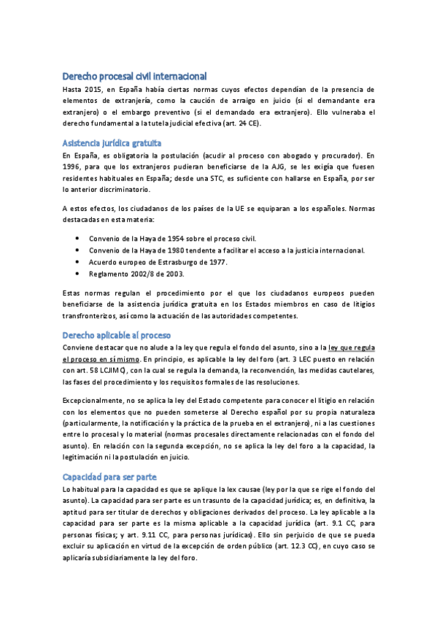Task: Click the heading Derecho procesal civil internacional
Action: pyautogui.click(x=134, y=76)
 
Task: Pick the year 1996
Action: pyautogui.click(x=75, y=167)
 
